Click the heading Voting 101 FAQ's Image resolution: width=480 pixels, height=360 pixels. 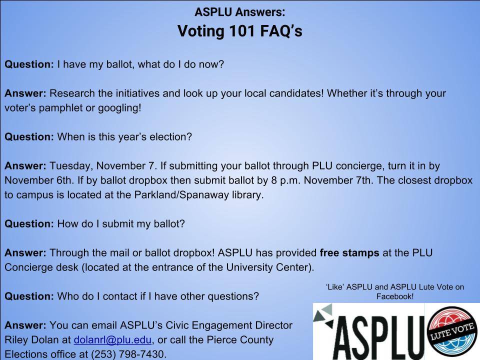(x=239, y=31)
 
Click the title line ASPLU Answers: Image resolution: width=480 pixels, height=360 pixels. (x=239, y=12)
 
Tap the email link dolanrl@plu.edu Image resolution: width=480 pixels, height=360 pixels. (x=112, y=340)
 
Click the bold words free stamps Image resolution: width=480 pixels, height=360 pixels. (x=349, y=253)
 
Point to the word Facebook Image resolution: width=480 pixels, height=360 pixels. (x=393, y=296)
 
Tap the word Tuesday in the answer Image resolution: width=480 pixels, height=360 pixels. (x=70, y=166)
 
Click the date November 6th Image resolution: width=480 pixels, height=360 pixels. (x=38, y=180)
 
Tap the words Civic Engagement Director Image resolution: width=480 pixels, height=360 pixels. (x=229, y=325)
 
